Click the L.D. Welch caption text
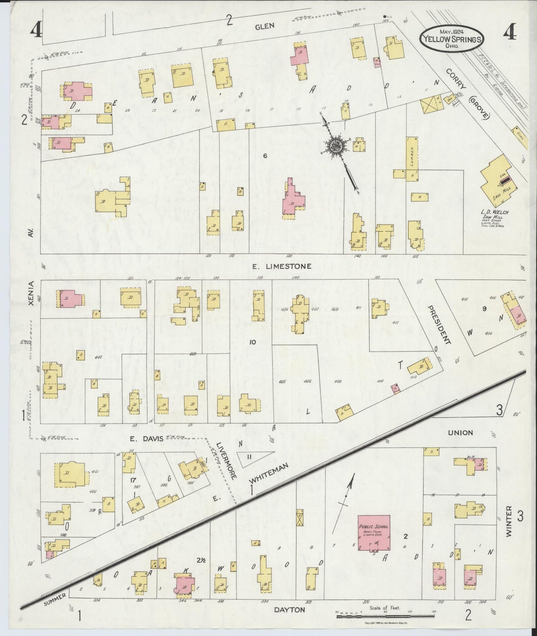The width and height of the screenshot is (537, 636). point(496,212)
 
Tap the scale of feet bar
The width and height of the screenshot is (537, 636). point(385,616)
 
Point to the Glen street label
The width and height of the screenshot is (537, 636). point(265,26)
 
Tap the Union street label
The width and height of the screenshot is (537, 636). point(460,433)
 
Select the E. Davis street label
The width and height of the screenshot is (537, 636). point(146,439)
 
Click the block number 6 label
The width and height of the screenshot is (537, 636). point(265,156)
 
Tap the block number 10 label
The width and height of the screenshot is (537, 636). point(253,342)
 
